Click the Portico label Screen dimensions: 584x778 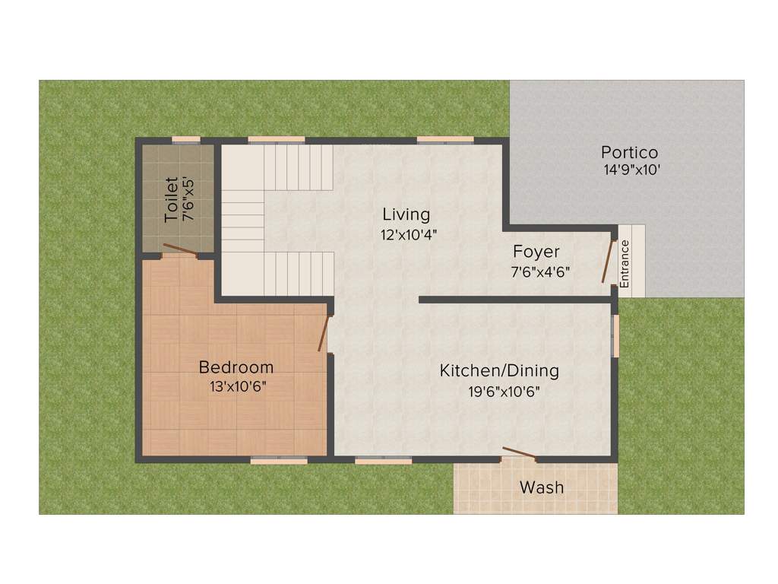pos(629,152)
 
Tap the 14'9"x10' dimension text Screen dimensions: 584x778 pos(631,170)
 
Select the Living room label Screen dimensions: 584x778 pos(406,214)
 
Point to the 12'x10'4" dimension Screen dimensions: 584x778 pos(409,235)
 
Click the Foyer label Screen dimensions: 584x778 pos(536,252)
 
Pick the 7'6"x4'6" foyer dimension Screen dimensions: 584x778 pos(540,271)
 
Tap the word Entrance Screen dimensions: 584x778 pos(625,263)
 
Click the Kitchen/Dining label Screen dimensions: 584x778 pos(499,371)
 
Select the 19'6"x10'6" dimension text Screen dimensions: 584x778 pos(504,392)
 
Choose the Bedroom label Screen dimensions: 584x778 pos(236,368)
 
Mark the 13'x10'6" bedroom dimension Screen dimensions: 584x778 pos(238,386)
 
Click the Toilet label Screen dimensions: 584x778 pos(172,199)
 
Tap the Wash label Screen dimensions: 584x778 pos(542,487)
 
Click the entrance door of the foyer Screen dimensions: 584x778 pos(608,261)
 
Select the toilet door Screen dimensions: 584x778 pos(179,249)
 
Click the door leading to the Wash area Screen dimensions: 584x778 pos(520,455)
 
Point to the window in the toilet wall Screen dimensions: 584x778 pos(186,140)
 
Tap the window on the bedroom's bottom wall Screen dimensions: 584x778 pos(279,460)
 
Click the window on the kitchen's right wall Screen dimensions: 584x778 pos(616,335)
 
